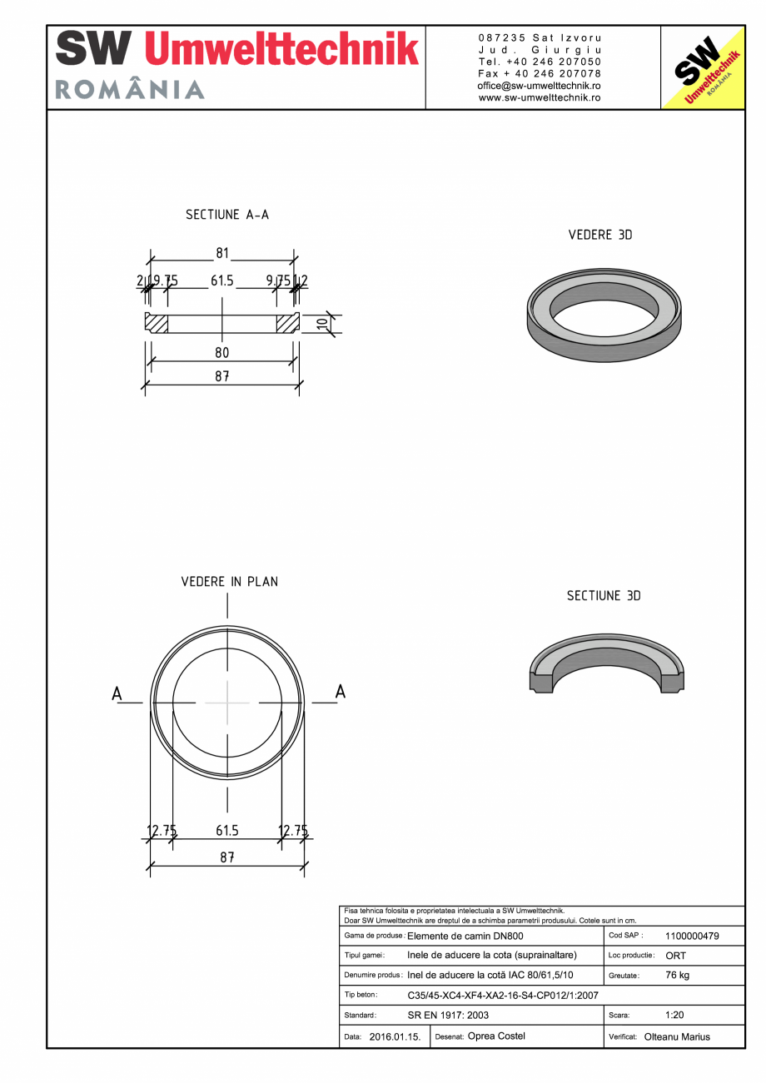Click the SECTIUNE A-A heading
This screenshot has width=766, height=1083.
(227, 215)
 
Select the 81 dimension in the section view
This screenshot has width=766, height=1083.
(222, 253)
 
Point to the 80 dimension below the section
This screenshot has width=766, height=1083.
(221, 353)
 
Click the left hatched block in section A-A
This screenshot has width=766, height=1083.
(157, 323)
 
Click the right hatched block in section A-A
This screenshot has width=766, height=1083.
(287, 323)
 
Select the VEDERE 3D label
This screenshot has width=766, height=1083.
(599, 235)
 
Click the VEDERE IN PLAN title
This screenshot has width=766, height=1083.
(229, 581)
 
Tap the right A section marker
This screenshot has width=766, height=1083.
(340, 691)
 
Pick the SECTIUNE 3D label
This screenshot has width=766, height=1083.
(604, 596)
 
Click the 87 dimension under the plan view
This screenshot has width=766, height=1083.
(226, 857)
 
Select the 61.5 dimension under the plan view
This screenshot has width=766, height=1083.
(227, 831)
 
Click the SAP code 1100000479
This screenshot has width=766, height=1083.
(692, 936)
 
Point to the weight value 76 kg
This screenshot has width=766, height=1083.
(678, 976)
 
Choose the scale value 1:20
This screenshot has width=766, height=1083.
(675, 1016)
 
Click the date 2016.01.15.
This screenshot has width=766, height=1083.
(395, 1037)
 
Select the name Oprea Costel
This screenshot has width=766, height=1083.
(496, 1036)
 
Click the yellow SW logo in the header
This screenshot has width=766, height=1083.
(702, 67)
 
